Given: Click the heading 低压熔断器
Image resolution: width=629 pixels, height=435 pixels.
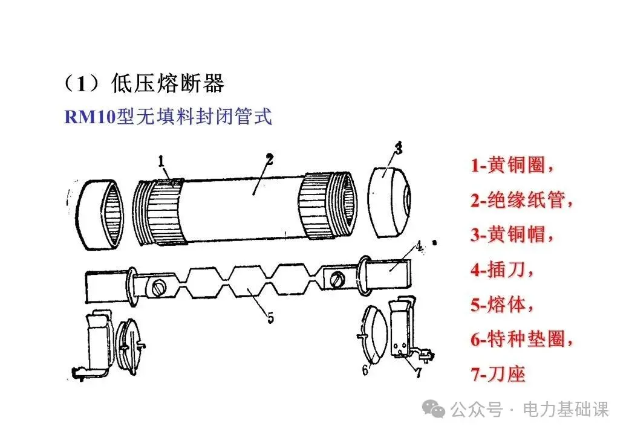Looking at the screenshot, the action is tap(168, 84).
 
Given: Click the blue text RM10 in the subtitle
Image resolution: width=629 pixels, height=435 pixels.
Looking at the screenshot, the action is tap(90, 117).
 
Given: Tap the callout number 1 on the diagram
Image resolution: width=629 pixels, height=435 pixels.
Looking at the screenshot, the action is tap(162, 161).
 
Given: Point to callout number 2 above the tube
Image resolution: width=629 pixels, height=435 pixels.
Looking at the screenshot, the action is tap(270, 159).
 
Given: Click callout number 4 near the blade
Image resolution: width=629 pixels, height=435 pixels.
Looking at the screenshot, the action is tap(419, 246).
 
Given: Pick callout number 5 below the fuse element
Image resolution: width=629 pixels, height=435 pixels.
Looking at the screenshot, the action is tap(271, 315).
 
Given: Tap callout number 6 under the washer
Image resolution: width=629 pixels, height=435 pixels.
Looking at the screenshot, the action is tap(365, 369).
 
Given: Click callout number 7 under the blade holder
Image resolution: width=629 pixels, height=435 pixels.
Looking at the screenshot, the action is tap(419, 372).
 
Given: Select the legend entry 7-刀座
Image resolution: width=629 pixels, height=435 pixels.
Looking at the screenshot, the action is tap(498, 374).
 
